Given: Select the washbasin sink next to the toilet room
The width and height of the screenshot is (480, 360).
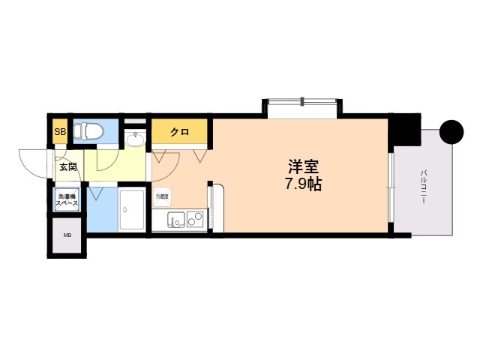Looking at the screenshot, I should (136, 139).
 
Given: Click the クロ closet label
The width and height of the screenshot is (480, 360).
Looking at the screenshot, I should (178, 133).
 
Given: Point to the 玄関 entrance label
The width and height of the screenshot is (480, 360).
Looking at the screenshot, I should (67, 167).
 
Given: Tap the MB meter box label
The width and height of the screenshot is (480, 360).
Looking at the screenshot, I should (67, 236).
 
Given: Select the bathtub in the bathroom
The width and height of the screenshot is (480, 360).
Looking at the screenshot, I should (133, 209).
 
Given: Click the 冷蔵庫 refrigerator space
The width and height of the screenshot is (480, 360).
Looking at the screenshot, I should (163, 197).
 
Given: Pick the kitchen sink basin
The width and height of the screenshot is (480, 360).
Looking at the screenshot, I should (176, 220).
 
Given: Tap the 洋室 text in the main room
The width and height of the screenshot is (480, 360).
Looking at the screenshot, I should (303, 166).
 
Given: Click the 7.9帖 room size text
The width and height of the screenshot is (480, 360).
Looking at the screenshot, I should (302, 184).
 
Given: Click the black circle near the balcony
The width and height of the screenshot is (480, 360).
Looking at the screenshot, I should (451, 132).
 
